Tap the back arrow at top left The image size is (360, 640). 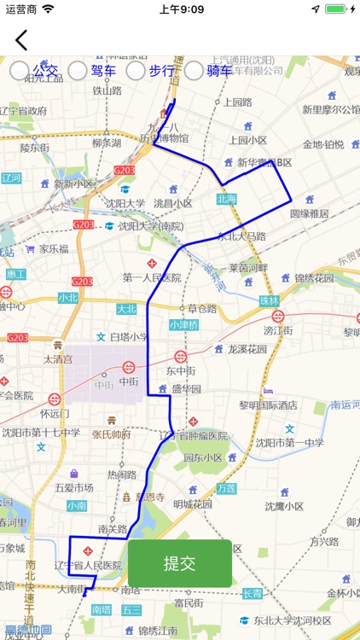tap(21, 40)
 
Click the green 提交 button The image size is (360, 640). tap(180, 563)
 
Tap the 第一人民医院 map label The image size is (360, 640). tap(151, 277)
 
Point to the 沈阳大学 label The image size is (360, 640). tap(125, 203)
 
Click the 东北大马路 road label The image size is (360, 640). tap(242, 236)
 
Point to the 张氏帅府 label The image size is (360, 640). tap(113, 433)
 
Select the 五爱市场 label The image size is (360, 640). tap(73, 487)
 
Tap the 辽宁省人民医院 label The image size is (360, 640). tap(88, 565)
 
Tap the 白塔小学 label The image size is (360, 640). tap(129, 337)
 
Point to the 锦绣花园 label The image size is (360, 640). tap(314, 277)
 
